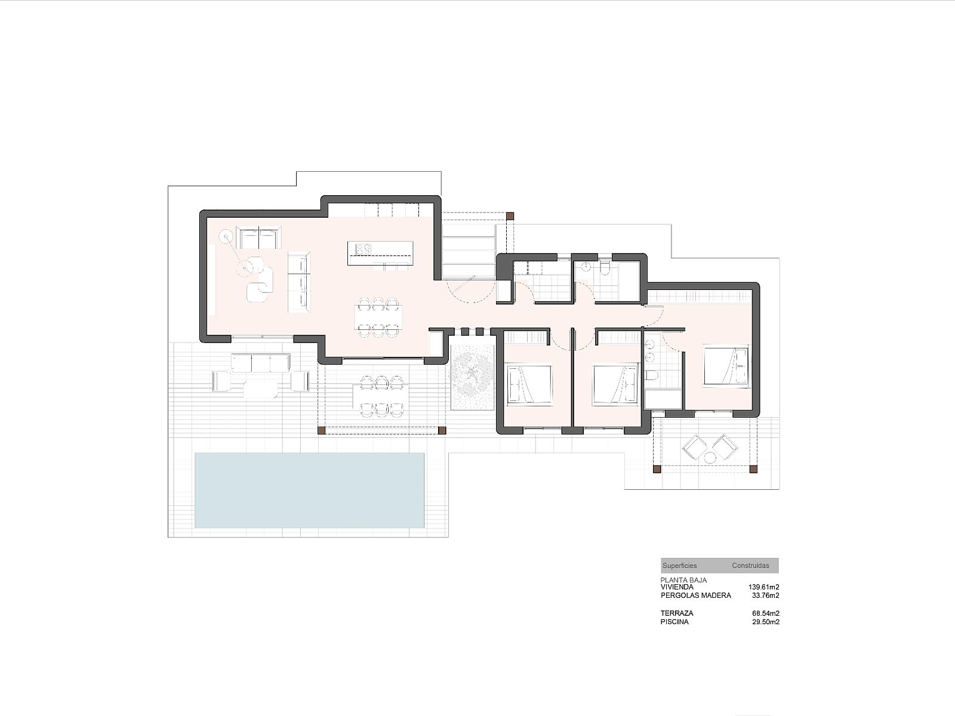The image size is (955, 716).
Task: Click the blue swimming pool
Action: click(309, 490)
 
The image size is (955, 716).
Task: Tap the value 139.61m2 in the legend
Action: click(763, 587)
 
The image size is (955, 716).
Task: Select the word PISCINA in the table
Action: click(674, 622)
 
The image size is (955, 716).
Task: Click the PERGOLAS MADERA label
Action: click(696, 595)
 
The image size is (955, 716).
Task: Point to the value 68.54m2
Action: click(766, 613)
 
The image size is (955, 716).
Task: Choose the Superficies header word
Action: click(680, 566)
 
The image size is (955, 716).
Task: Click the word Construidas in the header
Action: click(750, 566)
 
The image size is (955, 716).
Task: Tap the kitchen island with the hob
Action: click(380, 253)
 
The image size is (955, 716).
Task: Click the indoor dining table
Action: click(379, 317)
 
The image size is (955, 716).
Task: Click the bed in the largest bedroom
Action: click(727, 365)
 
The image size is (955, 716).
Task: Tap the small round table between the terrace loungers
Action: click(710, 458)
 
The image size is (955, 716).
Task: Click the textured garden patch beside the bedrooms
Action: click(472, 376)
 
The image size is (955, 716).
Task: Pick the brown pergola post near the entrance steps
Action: click(510, 215)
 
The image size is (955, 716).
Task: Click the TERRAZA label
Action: click(676, 613)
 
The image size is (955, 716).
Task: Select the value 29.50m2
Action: click(766, 622)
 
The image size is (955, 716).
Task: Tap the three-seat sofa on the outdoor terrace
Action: click(261, 363)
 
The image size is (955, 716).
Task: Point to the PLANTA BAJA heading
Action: click(683, 580)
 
